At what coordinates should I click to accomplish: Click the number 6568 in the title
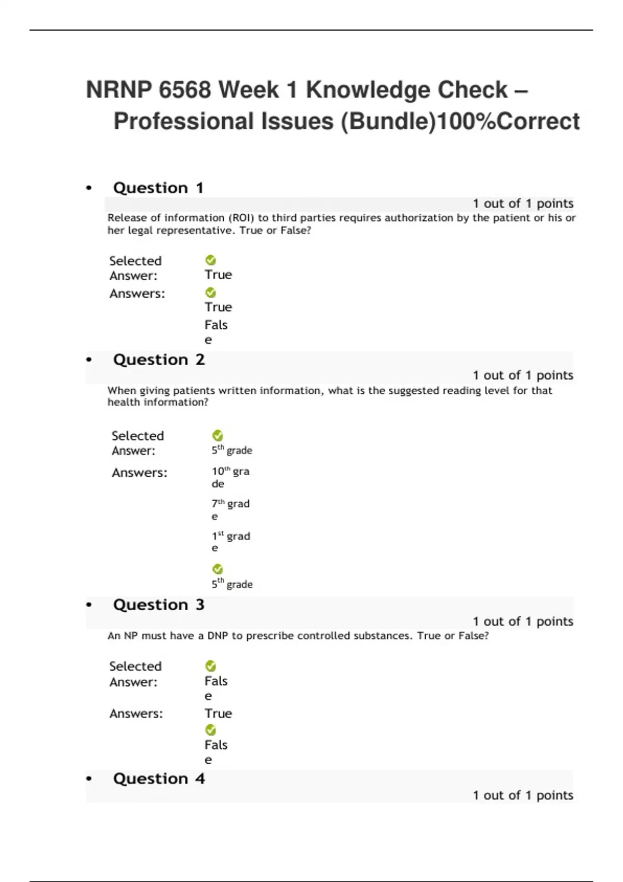(x=185, y=90)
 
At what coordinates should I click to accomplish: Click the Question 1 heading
(x=158, y=188)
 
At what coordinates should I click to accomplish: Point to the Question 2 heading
(x=159, y=360)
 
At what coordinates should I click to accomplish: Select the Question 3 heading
(x=159, y=604)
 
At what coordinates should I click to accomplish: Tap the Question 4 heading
(x=159, y=778)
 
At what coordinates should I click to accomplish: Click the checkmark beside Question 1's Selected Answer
(x=211, y=260)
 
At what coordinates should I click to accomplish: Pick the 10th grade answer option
(x=230, y=477)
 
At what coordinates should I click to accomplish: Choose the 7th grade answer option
(x=230, y=509)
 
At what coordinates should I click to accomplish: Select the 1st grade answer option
(x=231, y=541)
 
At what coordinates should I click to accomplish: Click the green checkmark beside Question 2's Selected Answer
(x=218, y=435)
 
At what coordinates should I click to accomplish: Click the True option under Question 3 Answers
(x=218, y=713)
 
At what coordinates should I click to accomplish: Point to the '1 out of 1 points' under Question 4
(x=523, y=795)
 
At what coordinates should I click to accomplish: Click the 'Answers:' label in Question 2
(x=140, y=473)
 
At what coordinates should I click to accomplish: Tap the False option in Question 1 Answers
(x=215, y=332)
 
